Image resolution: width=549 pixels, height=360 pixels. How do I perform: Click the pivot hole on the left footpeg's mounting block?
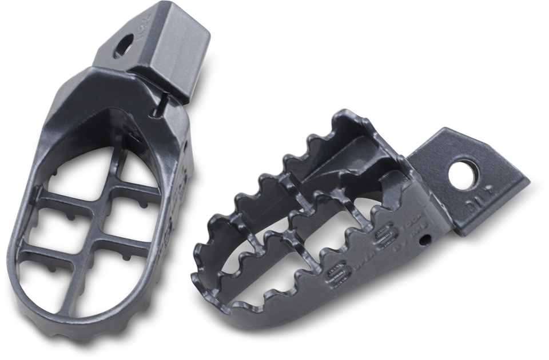click(123, 46)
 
